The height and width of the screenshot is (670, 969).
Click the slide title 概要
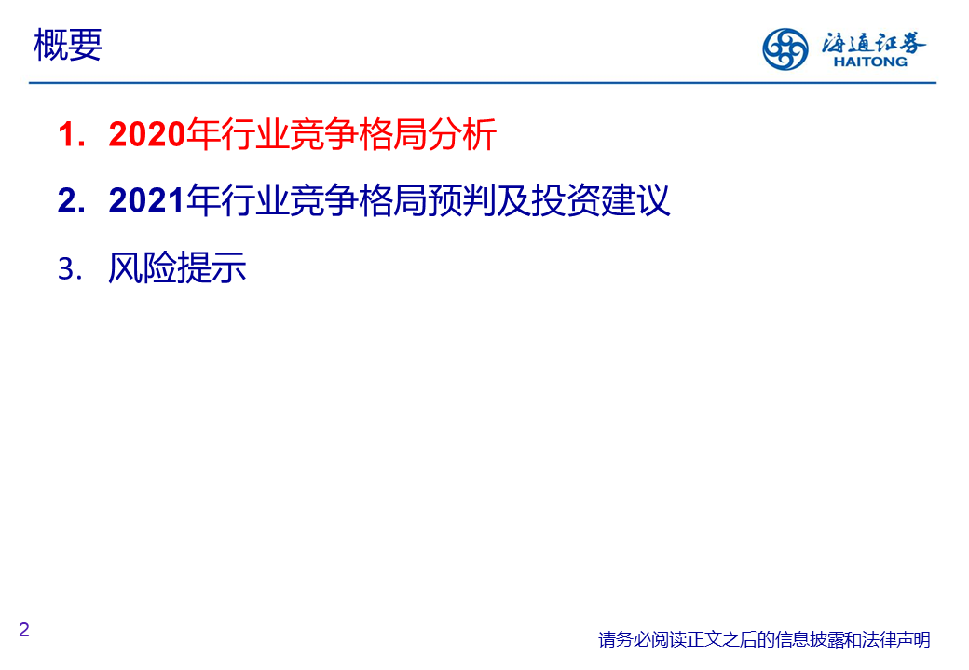click(68, 45)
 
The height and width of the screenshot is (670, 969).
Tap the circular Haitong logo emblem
click(785, 48)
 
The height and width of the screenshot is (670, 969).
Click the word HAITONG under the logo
click(870, 62)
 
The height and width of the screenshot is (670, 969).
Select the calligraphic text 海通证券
click(873, 42)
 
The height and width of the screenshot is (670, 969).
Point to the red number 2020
click(147, 133)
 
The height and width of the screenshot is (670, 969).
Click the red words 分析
click(462, 134)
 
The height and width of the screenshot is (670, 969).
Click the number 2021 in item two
click(147, 200)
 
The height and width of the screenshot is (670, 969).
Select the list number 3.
click(70, 269)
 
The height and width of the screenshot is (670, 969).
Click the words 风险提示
click(177, 267)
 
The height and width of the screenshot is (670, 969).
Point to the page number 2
click(24, 630)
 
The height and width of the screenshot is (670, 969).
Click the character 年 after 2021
click(203, 200)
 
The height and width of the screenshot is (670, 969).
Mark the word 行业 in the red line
click(254, 134)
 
